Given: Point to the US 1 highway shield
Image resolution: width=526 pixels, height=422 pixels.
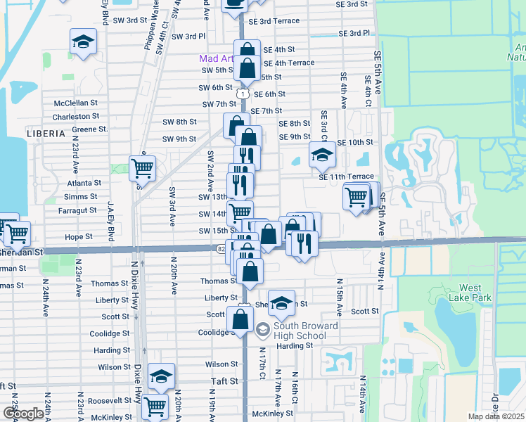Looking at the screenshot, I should pos(243,94).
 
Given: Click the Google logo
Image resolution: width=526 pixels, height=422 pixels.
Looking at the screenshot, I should pos(23,414).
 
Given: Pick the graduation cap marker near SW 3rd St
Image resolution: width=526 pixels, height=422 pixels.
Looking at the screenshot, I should pos(83,43).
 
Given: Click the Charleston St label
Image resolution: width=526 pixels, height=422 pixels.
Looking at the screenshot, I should pos(76,116).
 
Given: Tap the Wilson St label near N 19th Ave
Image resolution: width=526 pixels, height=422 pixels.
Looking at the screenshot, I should pos(222,364).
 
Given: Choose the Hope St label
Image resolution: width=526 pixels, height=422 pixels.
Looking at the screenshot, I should pos(79,237).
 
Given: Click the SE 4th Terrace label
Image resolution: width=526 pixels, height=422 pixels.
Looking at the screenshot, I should pos(288,63).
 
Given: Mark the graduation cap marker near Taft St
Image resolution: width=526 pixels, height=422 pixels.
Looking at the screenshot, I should pos(161,376).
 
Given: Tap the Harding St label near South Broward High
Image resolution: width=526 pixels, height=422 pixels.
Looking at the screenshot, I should pos(294,345).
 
